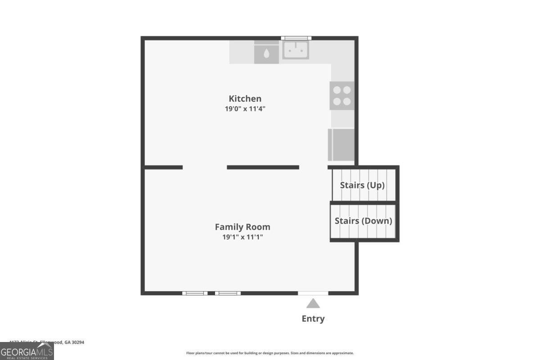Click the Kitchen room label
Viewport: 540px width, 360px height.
(245, 99)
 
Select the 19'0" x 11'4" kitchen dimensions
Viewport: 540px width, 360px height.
(245, 109)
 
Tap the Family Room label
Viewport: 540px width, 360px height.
(243, 227)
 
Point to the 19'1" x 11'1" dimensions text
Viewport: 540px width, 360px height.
(243, 237)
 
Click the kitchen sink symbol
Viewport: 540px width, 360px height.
(296, 50)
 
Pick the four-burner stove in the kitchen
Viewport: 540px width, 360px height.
(342, 95)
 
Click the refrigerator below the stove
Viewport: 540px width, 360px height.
(341, 144)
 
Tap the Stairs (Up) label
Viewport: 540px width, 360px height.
(362, 184)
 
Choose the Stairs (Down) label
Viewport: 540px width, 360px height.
(363, 221)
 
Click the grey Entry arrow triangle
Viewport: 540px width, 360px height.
(313, 304)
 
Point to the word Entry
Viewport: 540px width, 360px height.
(313, 319)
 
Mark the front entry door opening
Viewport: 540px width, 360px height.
(313, 293)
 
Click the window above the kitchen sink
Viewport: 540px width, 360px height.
(296, 38)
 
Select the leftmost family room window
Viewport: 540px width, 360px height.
(195, 293)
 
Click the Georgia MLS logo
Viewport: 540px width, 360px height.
(27, 351)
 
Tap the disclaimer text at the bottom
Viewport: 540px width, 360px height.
(270, 353)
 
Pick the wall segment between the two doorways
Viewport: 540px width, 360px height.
(263, 167)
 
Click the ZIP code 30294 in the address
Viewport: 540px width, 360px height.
(77, 342)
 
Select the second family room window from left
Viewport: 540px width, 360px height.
(228, 293)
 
